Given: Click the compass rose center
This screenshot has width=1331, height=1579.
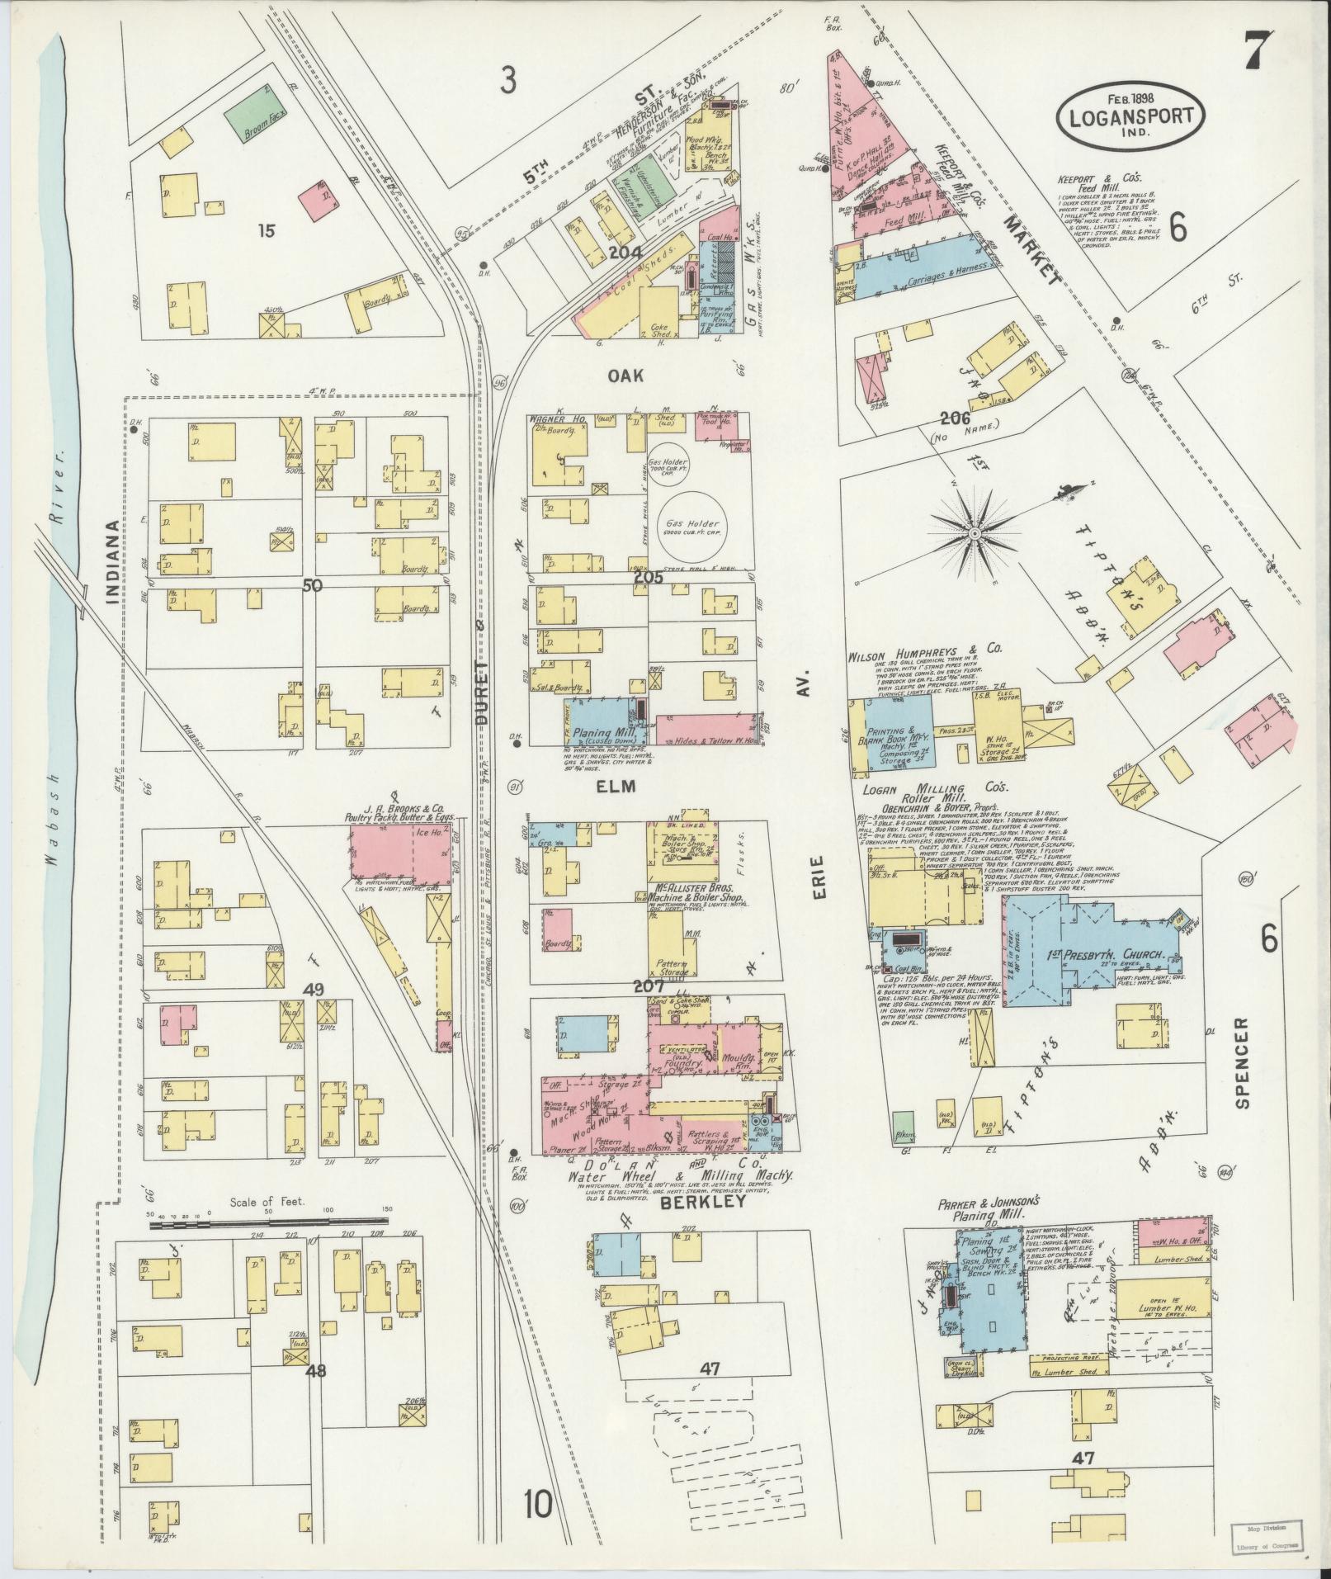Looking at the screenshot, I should (x=975, y=534).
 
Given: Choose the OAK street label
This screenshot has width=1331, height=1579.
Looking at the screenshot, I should (x=627, y=375).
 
